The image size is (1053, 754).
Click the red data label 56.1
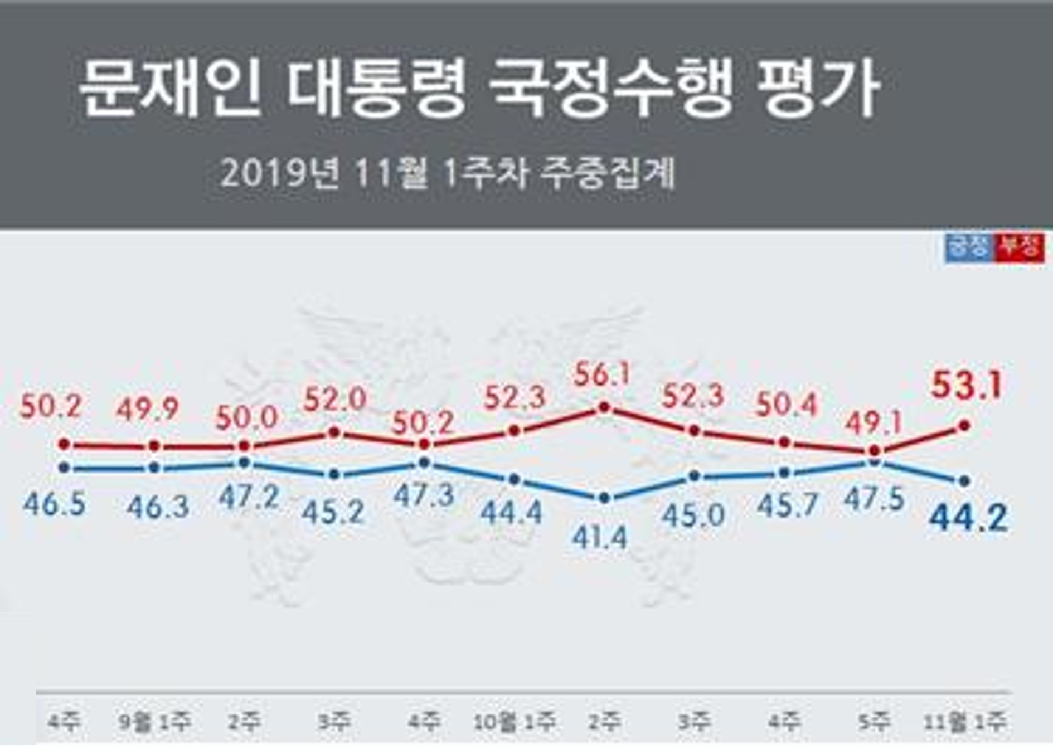pos(601,375)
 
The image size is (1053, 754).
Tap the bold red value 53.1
pos(967,385)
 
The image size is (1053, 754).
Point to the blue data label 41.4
pos(601,537)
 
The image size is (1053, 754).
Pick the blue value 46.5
pos(55,504)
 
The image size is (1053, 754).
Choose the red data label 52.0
pos(334,399)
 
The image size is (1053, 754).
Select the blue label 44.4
pos(511,513)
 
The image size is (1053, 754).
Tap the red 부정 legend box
pos(1019,247)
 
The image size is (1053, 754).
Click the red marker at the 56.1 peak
pos(604,408)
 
